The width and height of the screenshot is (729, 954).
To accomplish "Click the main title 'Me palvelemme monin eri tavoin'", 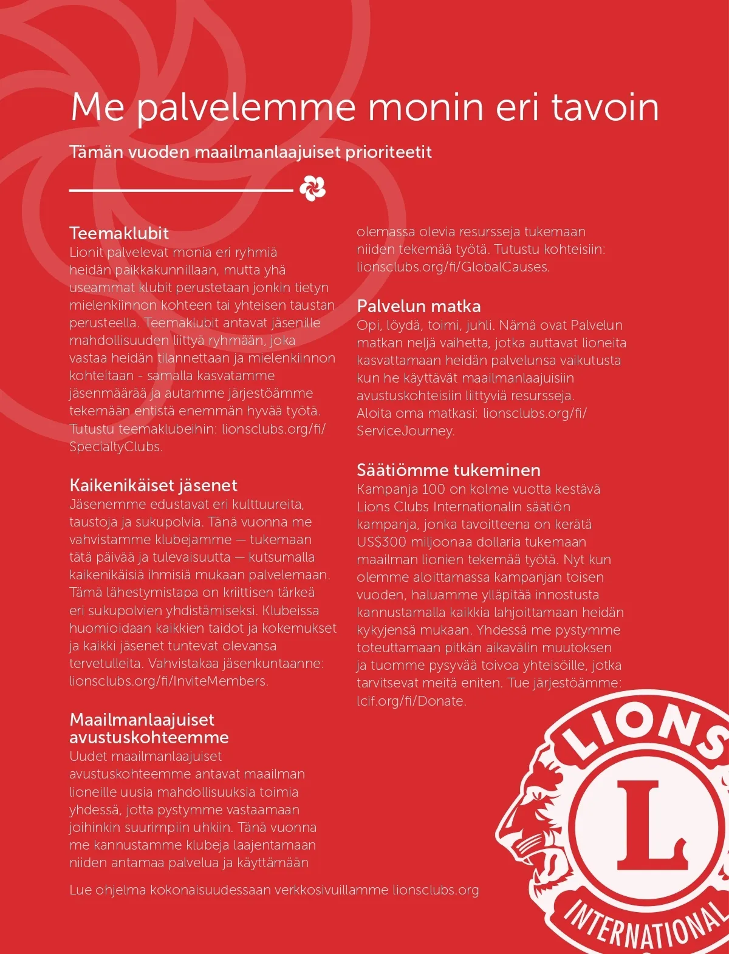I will [364, 107].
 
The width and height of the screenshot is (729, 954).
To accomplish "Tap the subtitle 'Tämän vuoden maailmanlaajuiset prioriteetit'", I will [250, 152].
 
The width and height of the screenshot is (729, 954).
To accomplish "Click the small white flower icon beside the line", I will [312, 188].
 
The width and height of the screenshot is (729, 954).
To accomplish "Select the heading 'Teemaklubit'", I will [119, 233].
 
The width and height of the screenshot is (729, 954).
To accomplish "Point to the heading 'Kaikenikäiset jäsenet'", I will [153, 485].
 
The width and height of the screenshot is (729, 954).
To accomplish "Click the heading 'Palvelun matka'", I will [419, 306].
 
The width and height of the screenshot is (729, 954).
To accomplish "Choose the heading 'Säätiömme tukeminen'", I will [448, 470].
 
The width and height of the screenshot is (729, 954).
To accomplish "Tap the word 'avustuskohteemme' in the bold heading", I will [149, 738].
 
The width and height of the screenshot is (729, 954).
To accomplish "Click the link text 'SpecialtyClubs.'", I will [116, 447].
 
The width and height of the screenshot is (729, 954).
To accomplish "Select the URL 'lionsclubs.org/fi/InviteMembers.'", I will [169, 681].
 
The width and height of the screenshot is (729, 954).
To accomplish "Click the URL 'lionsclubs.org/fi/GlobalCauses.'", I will [453, 267].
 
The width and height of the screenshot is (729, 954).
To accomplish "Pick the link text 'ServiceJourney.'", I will [406, 431].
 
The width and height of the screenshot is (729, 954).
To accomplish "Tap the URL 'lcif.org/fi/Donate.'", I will [411, 701].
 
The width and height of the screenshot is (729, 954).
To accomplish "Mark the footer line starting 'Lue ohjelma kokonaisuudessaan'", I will [274, 890].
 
